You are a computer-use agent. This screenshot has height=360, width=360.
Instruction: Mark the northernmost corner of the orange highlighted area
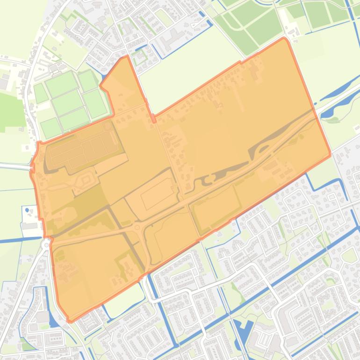coord(284,38)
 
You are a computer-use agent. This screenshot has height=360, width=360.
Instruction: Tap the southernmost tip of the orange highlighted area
coord(69,321)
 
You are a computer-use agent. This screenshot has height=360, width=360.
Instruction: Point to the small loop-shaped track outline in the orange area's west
coord(86,179)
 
